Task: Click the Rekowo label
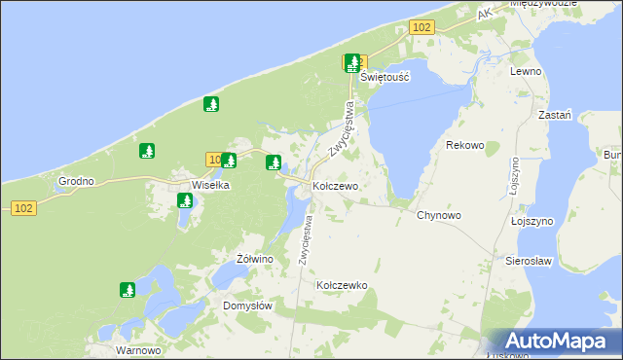click(x=464, y=145)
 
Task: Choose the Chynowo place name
click(x=438, y=215)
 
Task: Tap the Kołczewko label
click(x=341, y=285)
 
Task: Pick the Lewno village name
click(x=525, y=72)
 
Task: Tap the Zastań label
click(x=554, y=115)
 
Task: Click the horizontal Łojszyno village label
click(x=531, y=221)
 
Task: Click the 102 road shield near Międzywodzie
click(x=421, y=28)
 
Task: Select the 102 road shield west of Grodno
click(x=24, y=207)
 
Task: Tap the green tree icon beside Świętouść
click(x=351, y=61)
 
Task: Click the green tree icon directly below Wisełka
click(x=185, y=200)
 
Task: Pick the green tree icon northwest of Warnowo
click(x=127, y=289)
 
